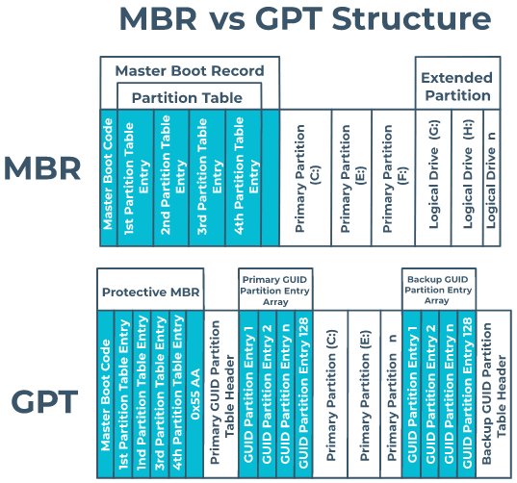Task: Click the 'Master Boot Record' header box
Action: [x=189, y=70]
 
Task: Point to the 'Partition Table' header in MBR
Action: [x=189, y=97]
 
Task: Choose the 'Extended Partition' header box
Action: [x=455, y=87]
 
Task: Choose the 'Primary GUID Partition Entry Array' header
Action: [x=275, y=289]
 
